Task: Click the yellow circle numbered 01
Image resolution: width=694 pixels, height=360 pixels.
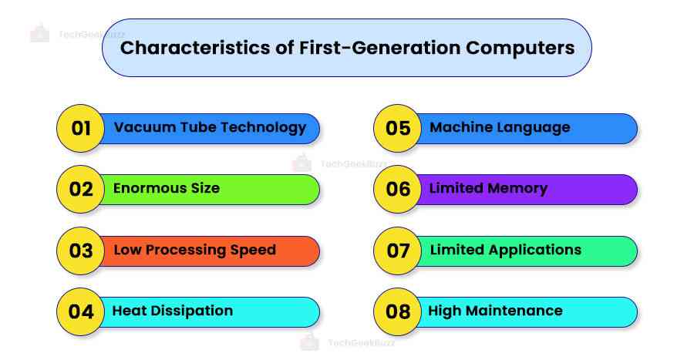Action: click(81, 128)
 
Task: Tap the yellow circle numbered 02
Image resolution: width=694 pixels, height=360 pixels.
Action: click(81, 189)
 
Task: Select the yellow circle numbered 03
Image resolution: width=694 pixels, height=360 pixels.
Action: click(81, 251)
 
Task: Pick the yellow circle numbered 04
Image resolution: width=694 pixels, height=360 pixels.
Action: click(81, 311)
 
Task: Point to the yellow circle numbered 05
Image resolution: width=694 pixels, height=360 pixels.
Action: click(398, 128)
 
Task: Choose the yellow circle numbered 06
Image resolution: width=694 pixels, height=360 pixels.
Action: click(398, 189)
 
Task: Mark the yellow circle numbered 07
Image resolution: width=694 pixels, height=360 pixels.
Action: click(398, 251)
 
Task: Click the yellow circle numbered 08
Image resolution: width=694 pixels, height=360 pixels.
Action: click(398, 311)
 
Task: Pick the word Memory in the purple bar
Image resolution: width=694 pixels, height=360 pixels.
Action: click(517, 188)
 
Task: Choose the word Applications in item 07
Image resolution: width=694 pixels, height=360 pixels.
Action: click(533, 249)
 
